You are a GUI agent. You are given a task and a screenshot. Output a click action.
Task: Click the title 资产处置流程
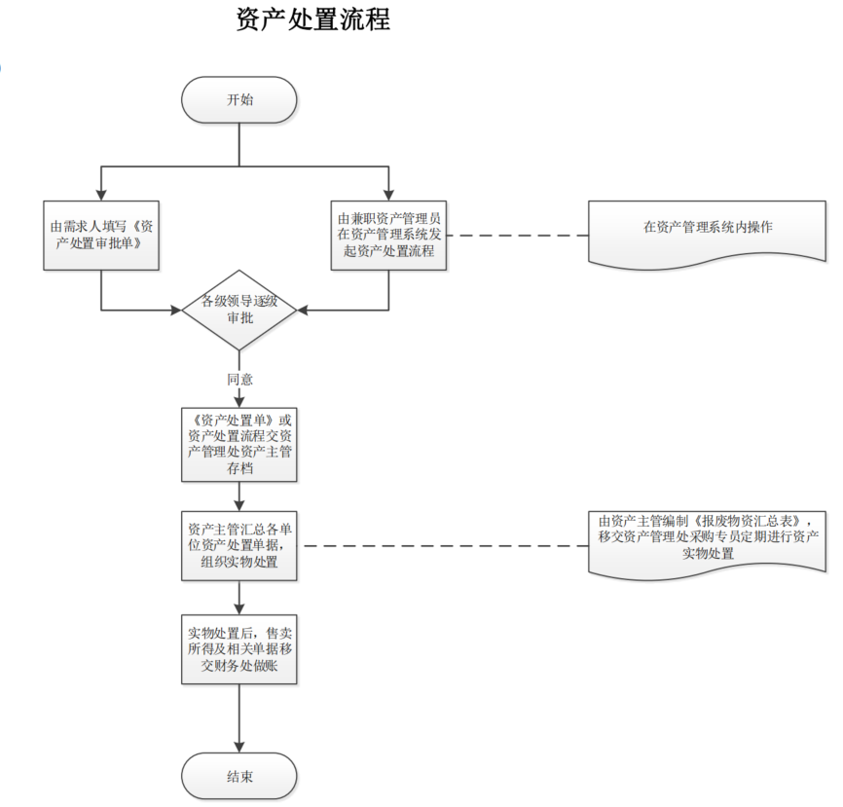pos(312,19)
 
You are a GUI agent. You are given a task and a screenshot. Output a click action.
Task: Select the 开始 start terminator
pos(239,99)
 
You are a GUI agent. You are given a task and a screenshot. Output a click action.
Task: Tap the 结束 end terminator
pos(239,776)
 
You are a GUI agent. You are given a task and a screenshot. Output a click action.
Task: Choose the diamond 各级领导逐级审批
pos(239,310)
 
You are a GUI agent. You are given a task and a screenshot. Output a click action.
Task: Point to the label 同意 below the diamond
pos(239,380)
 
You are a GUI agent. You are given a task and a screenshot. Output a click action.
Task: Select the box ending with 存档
pos(239,444)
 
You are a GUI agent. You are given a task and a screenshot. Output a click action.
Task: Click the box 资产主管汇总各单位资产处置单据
pos(239,545)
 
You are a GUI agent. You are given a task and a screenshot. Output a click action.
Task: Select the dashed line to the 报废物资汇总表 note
pos(443,546)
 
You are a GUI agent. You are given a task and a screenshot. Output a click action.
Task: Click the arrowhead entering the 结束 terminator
pos(239,747)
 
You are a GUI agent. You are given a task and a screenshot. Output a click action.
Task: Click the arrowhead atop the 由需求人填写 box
pos(101,196)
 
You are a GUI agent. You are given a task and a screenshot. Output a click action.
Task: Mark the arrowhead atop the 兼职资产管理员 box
pos(389,196)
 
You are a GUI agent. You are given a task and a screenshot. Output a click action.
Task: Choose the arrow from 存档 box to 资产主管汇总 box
pos(239,496)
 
